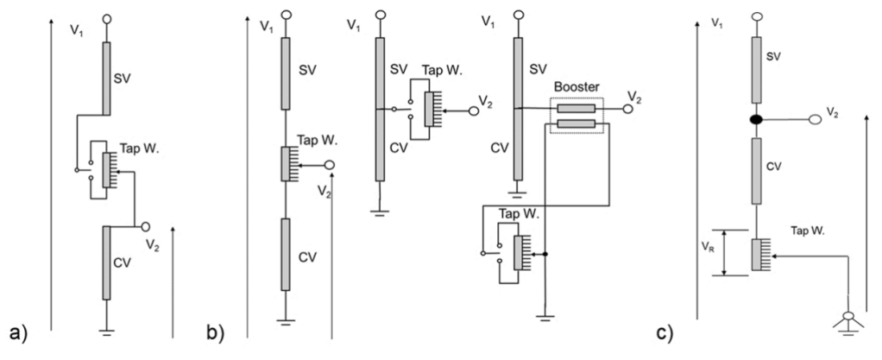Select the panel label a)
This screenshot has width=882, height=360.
coord(18,332)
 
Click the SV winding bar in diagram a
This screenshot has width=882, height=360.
coord(106,77)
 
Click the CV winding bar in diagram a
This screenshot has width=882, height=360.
coord(106,262)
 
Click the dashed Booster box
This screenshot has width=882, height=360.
coord(576,117)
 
